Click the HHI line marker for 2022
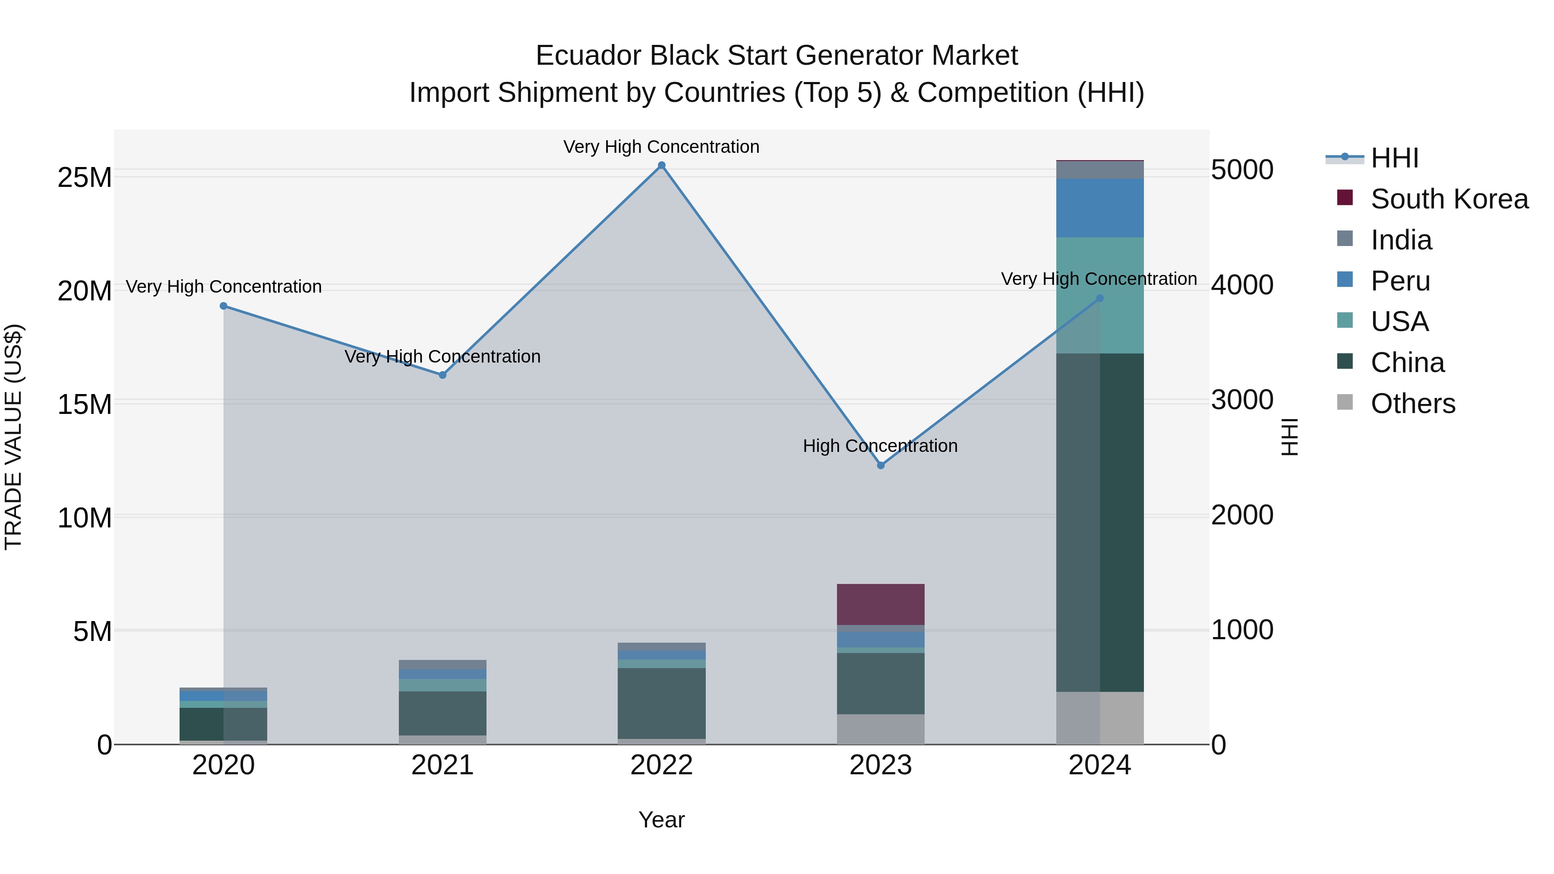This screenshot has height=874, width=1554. (661, 165)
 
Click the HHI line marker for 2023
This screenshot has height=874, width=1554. (881, 465)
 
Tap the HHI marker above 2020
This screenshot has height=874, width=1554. (223, 306)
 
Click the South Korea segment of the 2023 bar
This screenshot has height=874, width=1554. (881, 604)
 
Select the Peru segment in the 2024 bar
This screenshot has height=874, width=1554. (1100, 208)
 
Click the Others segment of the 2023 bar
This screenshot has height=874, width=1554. (881, 729)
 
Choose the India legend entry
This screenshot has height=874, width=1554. (1401, 240)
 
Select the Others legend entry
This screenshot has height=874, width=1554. (1412, 404)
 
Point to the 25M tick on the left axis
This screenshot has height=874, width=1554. (85, 178)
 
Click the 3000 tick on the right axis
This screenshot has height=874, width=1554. (1242, 400)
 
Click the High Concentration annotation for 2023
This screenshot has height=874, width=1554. (880, 446)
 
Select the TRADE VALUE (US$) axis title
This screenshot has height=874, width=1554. (14, 437)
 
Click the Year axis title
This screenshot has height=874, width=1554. (661, 820)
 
